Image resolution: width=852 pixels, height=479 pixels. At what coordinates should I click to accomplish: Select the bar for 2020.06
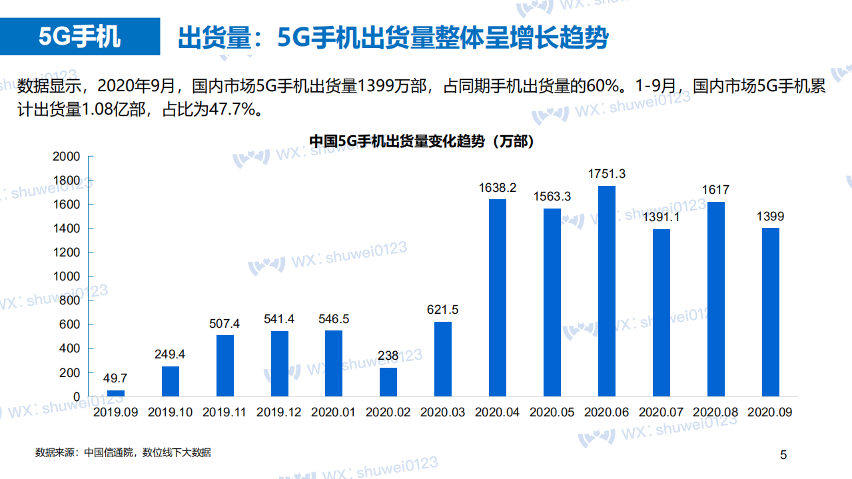click(x=606, y=291)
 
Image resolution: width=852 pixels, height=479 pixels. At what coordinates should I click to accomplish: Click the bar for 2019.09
click(x=116, y=393)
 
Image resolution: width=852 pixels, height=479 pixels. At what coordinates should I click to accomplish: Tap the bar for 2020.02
click(x=388, y=382)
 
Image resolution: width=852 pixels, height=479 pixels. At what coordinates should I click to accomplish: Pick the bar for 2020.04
click(x=498, y=298)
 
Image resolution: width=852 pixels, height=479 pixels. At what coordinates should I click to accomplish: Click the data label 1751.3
click(x=606, y=174)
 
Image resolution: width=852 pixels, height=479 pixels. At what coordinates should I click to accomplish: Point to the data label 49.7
click(x=116, y=378)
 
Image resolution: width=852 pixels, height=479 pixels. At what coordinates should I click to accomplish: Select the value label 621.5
click(x=443, y=310)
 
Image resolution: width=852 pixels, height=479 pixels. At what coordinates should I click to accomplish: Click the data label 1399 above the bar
click(x=770, y=217)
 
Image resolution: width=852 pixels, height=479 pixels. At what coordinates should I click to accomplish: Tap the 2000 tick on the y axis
click(x=67, y=157)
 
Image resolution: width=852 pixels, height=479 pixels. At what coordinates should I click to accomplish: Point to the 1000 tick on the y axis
click(x=67, y=276)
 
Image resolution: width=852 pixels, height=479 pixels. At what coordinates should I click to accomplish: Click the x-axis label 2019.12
click(x=279, y=412)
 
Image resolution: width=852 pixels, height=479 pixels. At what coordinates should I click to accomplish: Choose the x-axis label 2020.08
click(x=715, y=412)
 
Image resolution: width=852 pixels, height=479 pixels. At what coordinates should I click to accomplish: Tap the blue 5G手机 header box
click(x=80, y=37)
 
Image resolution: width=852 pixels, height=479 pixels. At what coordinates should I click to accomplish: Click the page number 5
click(x=783, y=456)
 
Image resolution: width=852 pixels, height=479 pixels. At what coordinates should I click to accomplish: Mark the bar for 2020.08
click(x=715, y=299)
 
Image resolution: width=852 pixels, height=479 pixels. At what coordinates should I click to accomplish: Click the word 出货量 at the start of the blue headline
click(x=207, y=38)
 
